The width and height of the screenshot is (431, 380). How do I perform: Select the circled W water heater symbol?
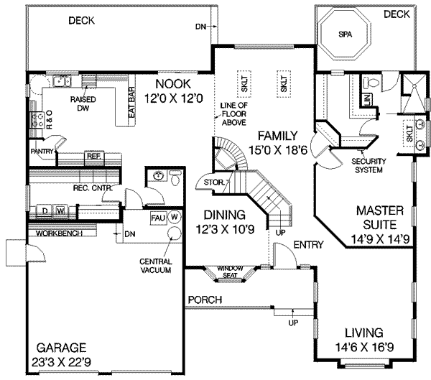(173, 216)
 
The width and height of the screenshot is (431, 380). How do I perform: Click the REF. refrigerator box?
(93, 155)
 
